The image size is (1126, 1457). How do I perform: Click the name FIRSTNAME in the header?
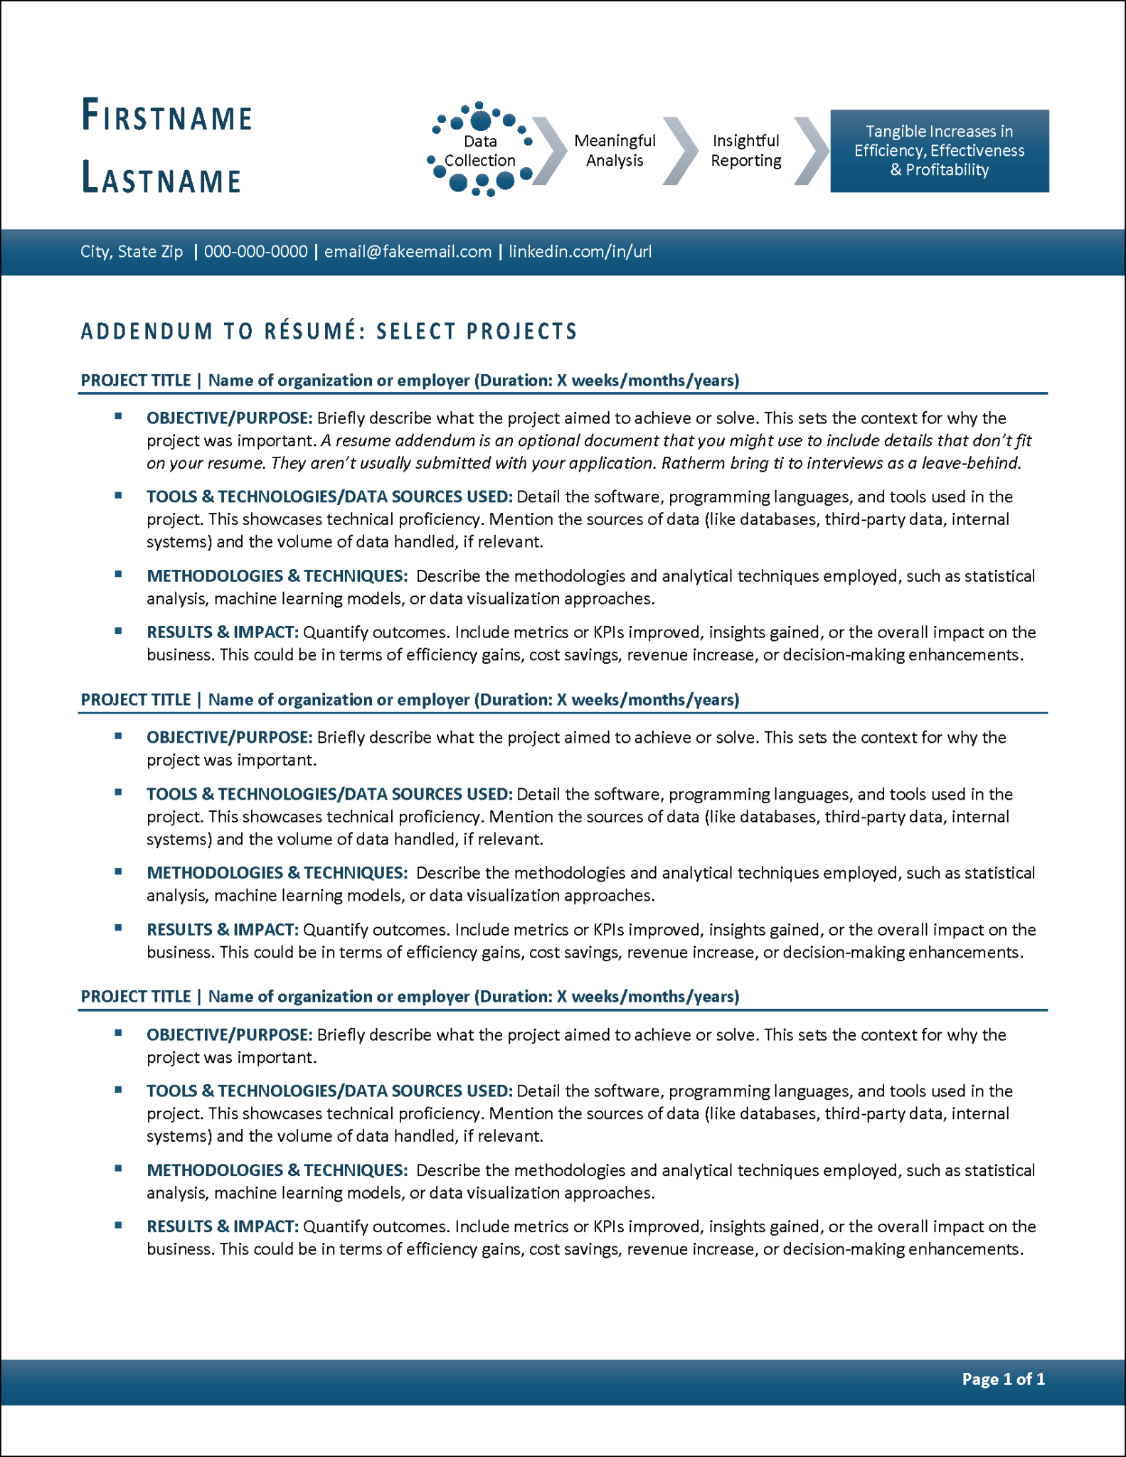point(167,116)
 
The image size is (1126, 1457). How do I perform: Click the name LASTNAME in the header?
point(161,178)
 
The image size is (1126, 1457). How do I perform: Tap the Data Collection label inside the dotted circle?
point(480,151)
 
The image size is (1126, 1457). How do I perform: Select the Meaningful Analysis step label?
point(615,151)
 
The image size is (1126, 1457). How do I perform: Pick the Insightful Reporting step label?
point(745,151)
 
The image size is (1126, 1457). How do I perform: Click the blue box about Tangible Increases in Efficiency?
point(939,151)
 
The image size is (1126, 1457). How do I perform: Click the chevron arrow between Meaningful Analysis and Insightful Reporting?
point(680,151)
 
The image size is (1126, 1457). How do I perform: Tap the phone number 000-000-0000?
point(255,252)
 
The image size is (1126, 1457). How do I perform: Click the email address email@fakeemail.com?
point(408,252)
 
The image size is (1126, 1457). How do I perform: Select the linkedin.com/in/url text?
point(580,252)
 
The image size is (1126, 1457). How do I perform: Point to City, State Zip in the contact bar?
point(132,252)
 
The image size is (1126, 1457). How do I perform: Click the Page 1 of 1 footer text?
point(1003,1379)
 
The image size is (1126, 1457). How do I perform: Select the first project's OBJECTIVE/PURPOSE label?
point(229,418)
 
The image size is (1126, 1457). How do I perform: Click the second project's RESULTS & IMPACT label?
point(223,930)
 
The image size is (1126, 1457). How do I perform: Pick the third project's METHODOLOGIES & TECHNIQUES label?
point(277,1170)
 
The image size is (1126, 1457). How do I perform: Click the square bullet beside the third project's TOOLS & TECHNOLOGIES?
point(119,1089)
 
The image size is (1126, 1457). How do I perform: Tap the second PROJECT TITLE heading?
point(135,700)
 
